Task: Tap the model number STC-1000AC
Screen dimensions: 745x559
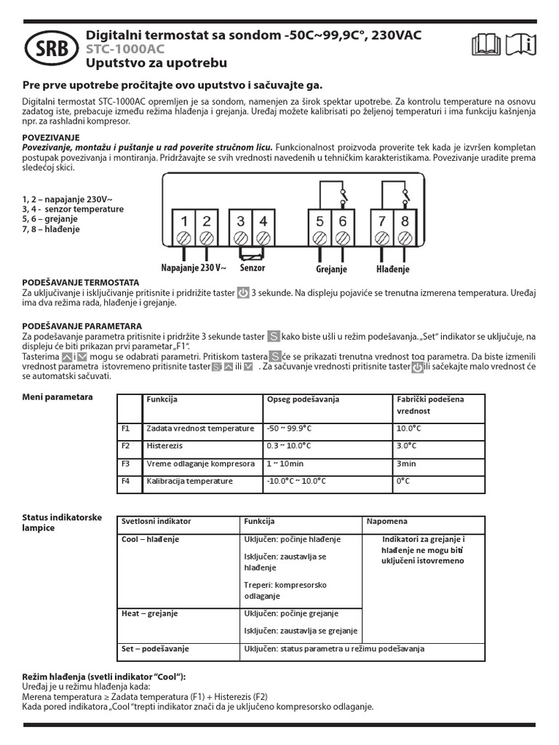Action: (125, 49)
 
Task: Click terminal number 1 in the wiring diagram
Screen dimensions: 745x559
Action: (185, 221)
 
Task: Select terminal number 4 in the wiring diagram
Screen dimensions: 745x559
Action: (263, 221)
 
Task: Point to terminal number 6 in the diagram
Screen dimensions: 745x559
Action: (342, 221)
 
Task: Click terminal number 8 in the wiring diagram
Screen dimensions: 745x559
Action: (405, 221)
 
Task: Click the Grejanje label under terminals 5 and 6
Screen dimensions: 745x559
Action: (331, 269)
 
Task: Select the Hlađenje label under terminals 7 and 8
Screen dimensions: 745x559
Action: (393, 269)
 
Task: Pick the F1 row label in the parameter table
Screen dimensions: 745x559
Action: (125, 429)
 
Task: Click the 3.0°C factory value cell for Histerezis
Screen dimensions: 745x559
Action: (406, 446)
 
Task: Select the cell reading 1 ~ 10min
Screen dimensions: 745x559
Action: (284, 463)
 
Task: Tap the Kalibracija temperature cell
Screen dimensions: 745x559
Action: (189, 481)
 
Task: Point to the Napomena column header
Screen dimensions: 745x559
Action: (387, 522)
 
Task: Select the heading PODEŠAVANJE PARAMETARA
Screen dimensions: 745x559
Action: (82, 326)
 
